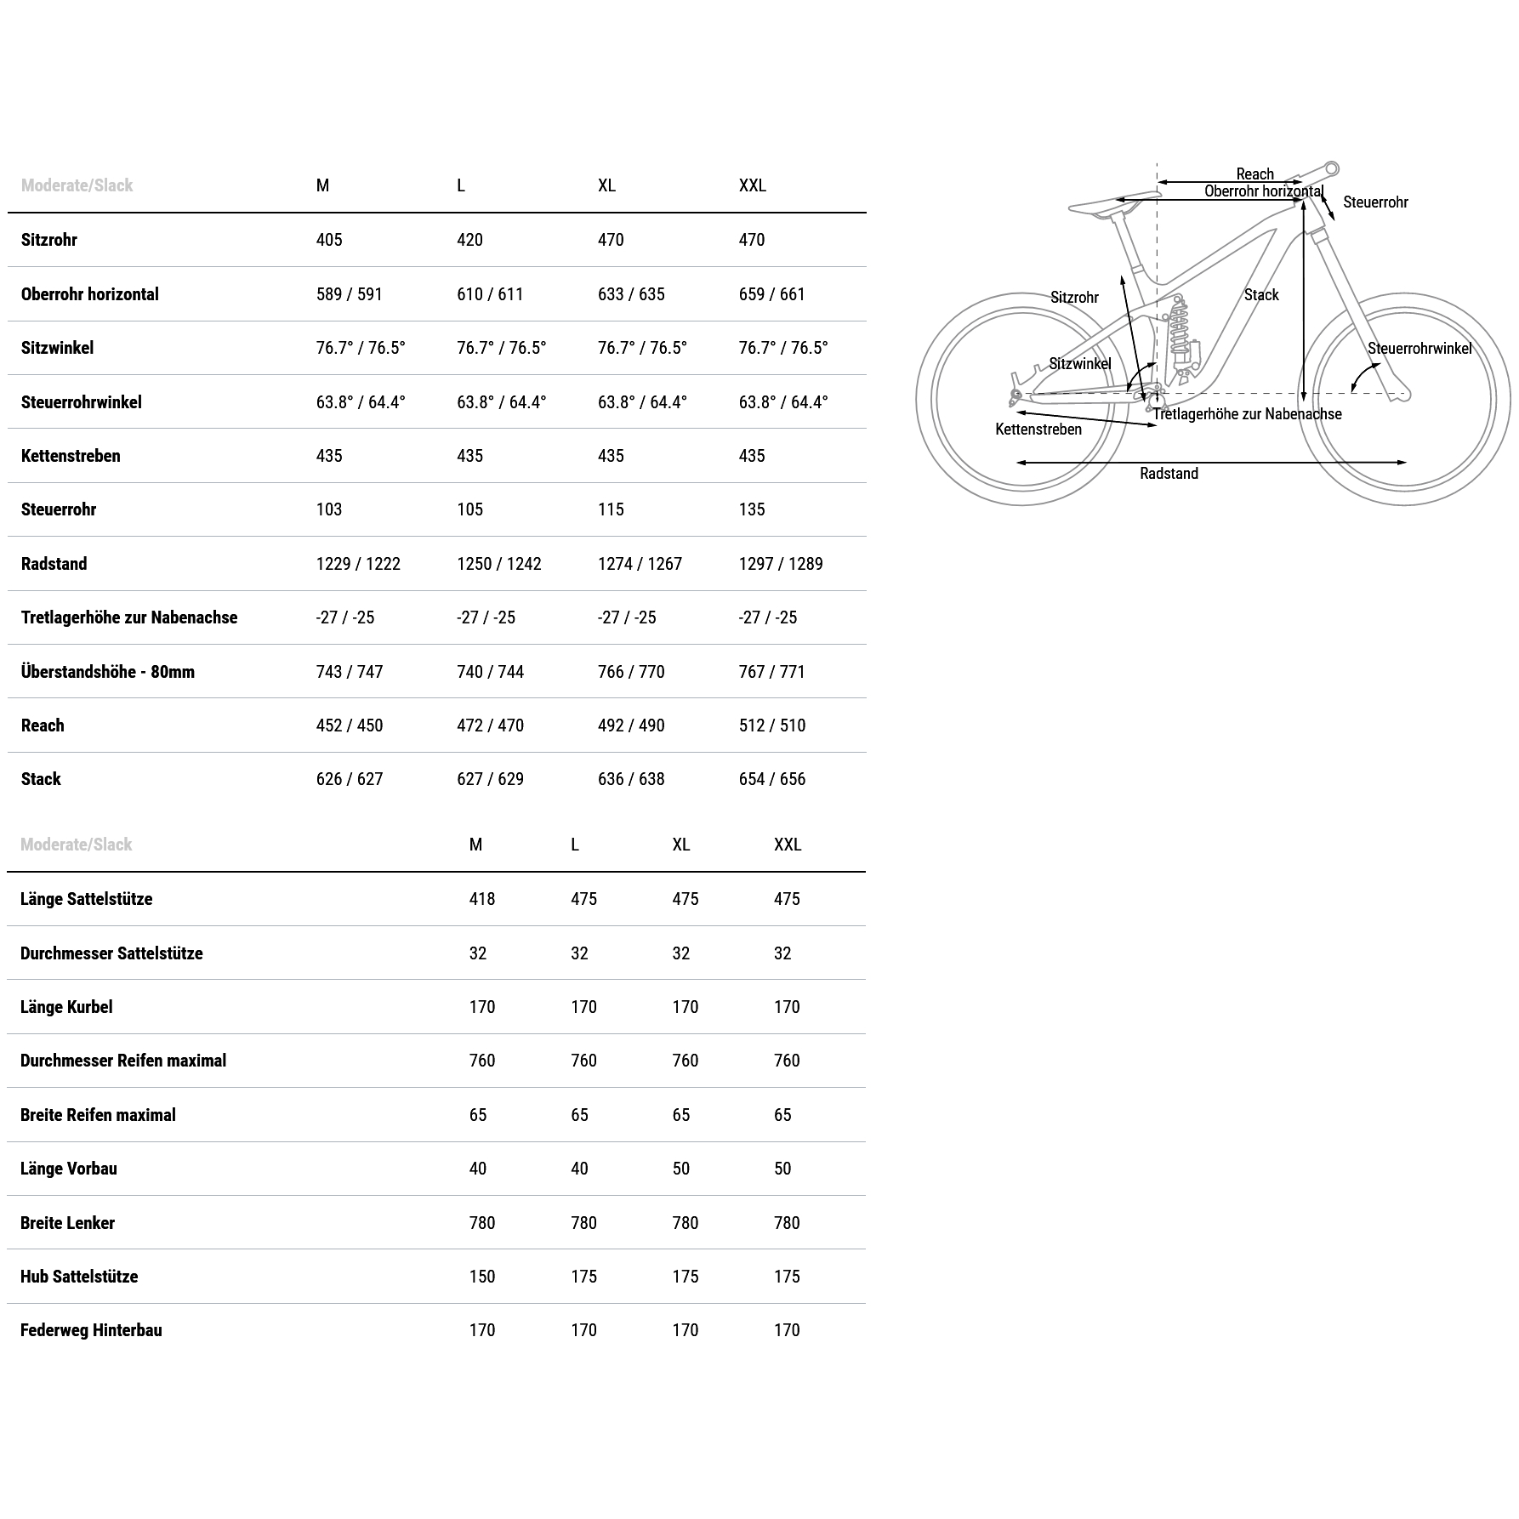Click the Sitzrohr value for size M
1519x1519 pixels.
(x=329, y=240)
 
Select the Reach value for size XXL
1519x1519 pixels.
(x=771, y=725)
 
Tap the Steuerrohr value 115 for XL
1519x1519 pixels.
(x=611, y=509)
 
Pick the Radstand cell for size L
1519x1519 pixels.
(x=498, y=564)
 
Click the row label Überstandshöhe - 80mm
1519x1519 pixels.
(x=108, y=672)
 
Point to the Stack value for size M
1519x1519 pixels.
(x=350, y=779)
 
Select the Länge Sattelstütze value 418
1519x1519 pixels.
(x=481, y=899)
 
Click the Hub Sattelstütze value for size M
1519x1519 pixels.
(x=481, y=1277)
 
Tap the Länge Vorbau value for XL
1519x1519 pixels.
(x=680, y=1169)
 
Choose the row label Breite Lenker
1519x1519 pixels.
(x=67, y=1223)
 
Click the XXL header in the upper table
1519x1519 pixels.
(x=752, y=185)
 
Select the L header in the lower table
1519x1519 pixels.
(x=575, y=845)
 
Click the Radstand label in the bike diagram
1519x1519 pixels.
(x=1169, y=474)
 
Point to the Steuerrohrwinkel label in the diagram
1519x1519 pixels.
(x=1419, y=348)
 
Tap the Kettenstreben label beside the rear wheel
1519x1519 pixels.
(x=1038, y=430)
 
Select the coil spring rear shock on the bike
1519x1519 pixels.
(x=1180, y=327)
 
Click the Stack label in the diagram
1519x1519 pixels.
(x=1260, y=295)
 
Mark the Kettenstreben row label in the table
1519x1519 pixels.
(x=71, y=456)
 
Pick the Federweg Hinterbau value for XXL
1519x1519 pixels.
(x=787, y=1330)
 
